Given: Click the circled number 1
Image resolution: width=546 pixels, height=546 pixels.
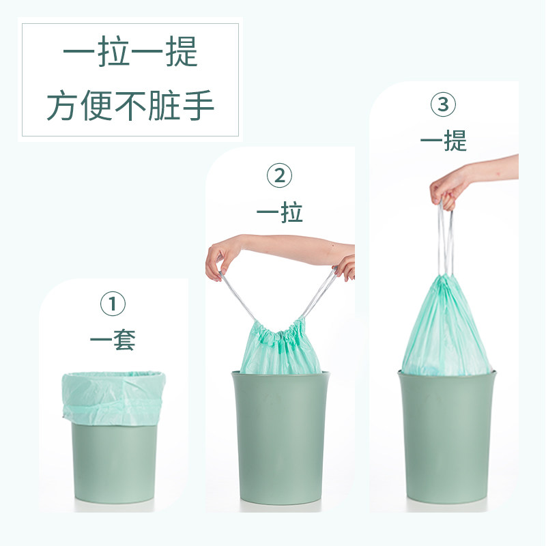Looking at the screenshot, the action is [113, 304].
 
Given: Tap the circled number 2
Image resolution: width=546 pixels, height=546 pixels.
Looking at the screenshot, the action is [279, 175].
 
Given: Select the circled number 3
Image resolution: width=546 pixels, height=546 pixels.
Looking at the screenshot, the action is [443, 104].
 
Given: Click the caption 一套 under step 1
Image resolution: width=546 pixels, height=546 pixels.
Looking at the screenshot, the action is [113, 339].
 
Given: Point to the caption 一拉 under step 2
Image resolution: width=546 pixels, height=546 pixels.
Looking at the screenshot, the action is [279, 212].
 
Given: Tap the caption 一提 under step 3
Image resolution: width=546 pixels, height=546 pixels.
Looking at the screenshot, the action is [443, 141].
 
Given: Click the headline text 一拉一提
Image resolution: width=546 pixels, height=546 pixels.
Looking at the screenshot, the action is [130, 53].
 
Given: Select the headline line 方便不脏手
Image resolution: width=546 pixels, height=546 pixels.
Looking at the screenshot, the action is [130, 105].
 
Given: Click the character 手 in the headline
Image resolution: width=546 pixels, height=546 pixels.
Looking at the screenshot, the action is [198, 105].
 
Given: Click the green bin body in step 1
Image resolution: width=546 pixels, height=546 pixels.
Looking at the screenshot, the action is [114, 463].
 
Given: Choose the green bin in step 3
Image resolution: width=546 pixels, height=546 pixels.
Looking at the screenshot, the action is [447, 437].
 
